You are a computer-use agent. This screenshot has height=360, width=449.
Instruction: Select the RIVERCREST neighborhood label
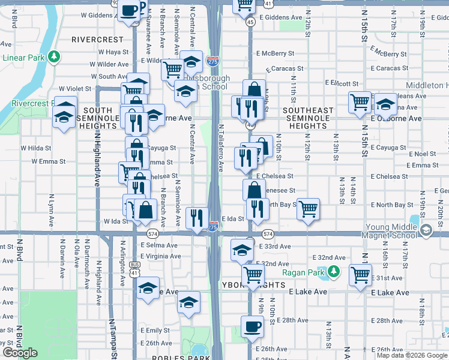tap(97, 40)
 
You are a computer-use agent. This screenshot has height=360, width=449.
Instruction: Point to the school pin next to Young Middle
tap(426, 230)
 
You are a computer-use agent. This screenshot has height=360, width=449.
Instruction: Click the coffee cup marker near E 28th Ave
tap(252, 326)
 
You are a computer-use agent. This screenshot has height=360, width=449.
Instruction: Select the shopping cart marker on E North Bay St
tap(308, 209)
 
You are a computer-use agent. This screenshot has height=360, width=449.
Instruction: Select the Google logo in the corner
tap(20, 353)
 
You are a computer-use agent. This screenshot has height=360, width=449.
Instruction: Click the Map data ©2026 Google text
tap(412, 355)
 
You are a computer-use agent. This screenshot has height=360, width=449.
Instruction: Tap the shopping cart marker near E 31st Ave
tap(360, 275)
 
